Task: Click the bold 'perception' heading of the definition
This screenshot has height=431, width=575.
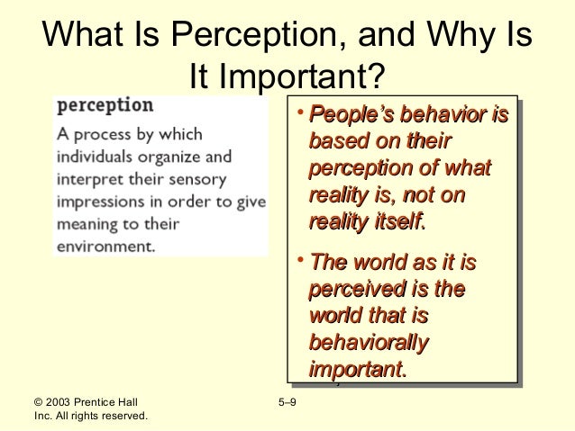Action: (105, 104)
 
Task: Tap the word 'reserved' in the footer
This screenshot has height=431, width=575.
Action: (121, 416)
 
